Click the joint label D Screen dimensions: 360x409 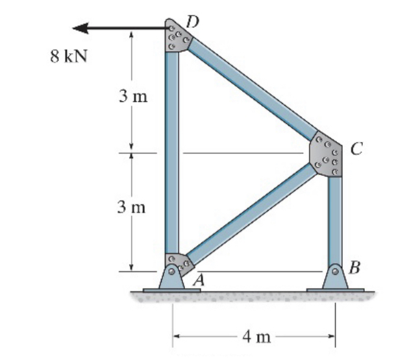[x=192, y=21]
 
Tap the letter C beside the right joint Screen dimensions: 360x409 [x=356, y=149]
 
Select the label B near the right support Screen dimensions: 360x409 [x=354, y=266]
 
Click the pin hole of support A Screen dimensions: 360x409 [x=171, y=272]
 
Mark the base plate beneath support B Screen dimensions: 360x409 [x=335, y=288]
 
